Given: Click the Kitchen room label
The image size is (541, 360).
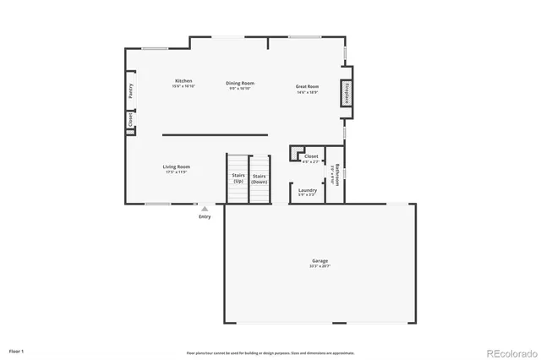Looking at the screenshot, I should coord(183,81).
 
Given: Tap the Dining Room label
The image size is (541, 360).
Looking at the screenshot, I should coord(240,83).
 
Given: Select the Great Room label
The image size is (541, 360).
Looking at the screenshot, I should coord(307,86).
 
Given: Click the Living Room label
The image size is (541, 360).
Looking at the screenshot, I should coord(177,166).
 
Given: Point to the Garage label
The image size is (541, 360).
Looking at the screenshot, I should coord(320,261).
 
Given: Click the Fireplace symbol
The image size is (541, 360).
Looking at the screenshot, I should coord(347,93).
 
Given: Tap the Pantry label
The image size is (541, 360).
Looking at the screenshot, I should coord(131,91).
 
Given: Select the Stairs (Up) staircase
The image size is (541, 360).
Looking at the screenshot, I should coord(238,179).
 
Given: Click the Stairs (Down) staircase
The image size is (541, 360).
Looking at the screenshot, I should coord(260,179).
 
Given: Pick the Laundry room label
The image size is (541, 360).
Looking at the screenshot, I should coord(308,190).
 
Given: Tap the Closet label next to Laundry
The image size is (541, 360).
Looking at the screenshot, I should coord(311,156).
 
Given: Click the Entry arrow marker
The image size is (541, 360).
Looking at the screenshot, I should coord(204,208).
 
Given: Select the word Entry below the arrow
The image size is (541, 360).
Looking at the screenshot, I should coord(205,217).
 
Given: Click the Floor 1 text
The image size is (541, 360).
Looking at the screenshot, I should coord(17,350).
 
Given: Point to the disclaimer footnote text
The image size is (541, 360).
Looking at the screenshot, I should coord(270,352).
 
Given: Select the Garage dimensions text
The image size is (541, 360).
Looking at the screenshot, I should coord(320,266).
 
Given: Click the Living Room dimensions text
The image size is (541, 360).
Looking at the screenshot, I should coord(177,172).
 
